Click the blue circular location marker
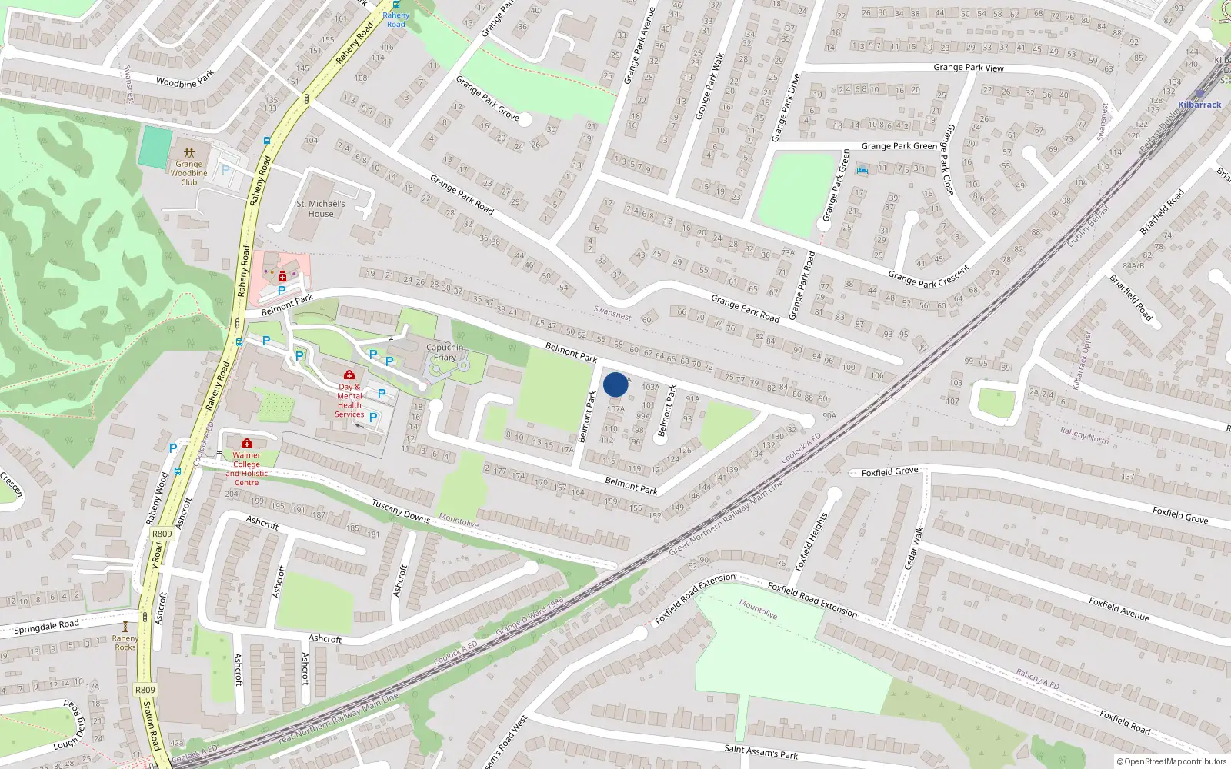[615, 384]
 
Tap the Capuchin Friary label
[445, 352]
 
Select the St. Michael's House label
[321, 208]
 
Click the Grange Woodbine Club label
[189, 173]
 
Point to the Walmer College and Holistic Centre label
[246, 468]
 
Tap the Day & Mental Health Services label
[349, 401]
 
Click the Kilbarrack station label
[1199, 105]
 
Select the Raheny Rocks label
[125, 642]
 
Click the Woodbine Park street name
[185, 79]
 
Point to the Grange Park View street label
[968, 68]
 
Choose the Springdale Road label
[46, 627]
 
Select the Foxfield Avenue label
[1119, 609]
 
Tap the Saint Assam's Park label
[761, 751]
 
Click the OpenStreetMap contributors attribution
[1171, 762]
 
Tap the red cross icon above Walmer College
[246, 443]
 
